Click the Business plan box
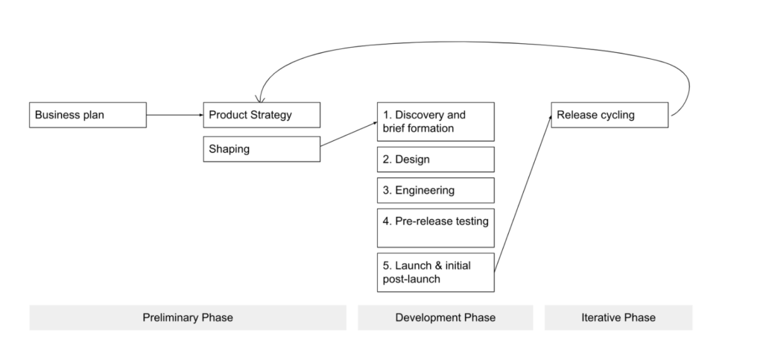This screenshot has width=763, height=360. coord(87,116)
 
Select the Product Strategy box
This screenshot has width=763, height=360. coord(262,116)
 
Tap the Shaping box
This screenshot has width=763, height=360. coord(262,149)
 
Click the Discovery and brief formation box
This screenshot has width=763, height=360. coord(436,121)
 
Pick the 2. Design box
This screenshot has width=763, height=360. coord(436,160)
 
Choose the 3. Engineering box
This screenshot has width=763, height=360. coord(436,190)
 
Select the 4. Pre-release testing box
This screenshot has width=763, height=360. coord(436,228)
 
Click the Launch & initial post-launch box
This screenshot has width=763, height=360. coord(436,272)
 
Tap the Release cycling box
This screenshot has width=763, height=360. coord(610,116)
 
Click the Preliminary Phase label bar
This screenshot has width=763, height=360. coord(188,318)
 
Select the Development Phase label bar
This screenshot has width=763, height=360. coord(445,318)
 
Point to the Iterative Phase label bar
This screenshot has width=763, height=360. coord(618,318)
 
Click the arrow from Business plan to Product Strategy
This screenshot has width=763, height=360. coord(174,116)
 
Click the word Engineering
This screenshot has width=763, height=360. coord(425,190)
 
